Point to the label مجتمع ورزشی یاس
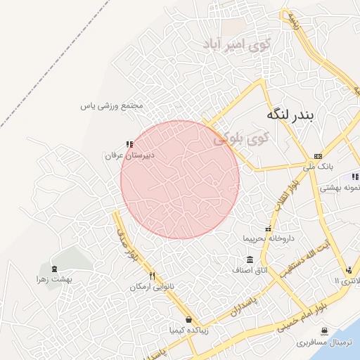(x=112, y=106)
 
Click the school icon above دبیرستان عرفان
(x=129, y=143)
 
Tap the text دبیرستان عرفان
(x=129, y=154)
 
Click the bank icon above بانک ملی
(x=319, y=156)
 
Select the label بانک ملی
(x=320, y=167)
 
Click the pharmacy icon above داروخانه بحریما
(x=267, y=229)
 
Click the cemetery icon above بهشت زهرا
(x=54, y=269)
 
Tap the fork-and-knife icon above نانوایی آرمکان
(x=152, y=276)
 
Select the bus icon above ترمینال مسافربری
(x=323, y=331)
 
